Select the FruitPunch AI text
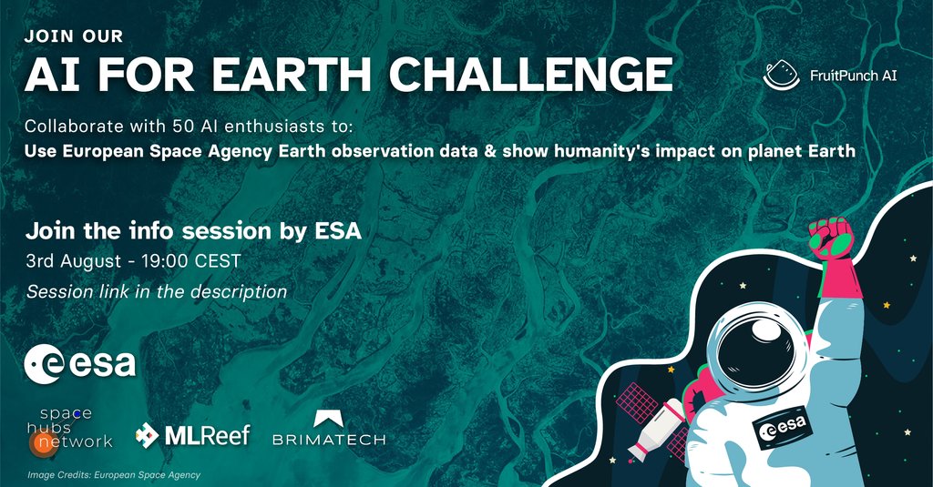pos(854,76)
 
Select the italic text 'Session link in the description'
pos(157,292)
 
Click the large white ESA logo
pos(80,363)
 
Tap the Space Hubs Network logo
pos(70,429)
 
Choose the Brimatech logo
pos(329,430)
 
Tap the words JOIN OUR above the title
pos(74,37)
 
